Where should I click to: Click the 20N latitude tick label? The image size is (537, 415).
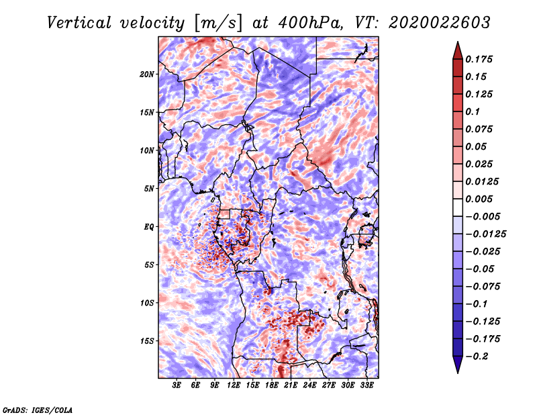(147, 74)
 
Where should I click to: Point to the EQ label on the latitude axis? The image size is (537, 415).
(148, 227)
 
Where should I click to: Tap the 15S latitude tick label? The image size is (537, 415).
(147, 341)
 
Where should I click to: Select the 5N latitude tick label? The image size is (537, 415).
(148, 189)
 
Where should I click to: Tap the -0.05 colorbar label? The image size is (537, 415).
(482, 269)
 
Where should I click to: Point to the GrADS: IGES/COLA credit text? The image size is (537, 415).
(38, 409)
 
